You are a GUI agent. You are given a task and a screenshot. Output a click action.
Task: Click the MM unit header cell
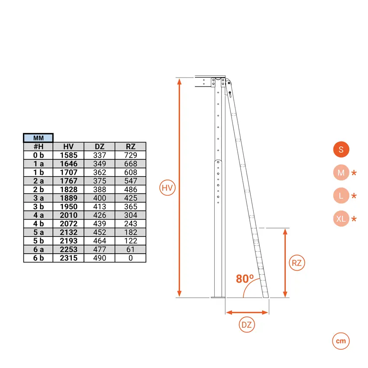click(38, 138)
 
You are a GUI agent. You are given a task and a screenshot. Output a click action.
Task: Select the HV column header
click(68, 146)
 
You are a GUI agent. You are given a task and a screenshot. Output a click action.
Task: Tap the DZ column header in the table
click(100, 146)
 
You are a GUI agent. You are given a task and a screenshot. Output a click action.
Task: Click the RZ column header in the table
click(130, 146)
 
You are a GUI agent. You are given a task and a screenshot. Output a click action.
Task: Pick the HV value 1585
click(68, 155)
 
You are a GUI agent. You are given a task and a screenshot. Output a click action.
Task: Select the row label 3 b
click(39, 207)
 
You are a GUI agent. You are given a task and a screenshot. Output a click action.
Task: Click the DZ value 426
click(100, 215)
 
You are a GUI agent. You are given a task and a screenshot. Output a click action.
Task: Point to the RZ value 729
click(130, 155)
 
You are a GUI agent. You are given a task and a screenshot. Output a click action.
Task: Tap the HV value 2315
click(68, 258)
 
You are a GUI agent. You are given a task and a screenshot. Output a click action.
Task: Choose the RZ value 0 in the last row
click(130, 258)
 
